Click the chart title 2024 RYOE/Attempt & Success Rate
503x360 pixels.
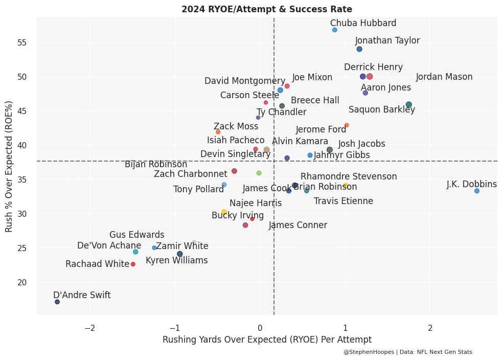pyautogui.click(x=267, y=9)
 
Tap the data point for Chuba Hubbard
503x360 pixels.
pyautogui.click(x=335, y=30)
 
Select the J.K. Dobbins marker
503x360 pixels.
pyautogui.click(x=477, y=191)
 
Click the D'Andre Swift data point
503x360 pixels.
pyautogui.click(x=57, y=302)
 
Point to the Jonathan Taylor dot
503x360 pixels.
pyautogui.click(x=359, y=49)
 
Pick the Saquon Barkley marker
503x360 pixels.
pyautogui.click(x=408, y=105)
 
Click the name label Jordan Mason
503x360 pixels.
pyautogui.click(x=444, y=77)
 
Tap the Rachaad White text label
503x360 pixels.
pyautogui.click(x=97, y=264)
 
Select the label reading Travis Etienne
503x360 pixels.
pyautogui.click(x=344, y=201)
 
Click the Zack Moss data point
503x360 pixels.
pyautogui.click(x=218, y=132)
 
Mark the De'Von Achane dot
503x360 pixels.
pyautogui.click(x=135, y=252)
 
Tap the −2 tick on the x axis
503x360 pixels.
pyautogui.click(x=89, y=328)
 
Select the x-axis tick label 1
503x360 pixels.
pyautogui.click(x=345, y=328)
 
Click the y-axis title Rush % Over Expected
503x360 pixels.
pyautogui.click(x=9, y=166)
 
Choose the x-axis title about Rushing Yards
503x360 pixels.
pyautogui.click(x=267, y=340)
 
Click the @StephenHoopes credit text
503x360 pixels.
pyautogui.click(x=408, y=352)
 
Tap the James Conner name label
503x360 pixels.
pyautogui.click(x=298, y=226)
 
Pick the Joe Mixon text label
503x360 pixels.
pyautogui.click(x=312, y=78)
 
